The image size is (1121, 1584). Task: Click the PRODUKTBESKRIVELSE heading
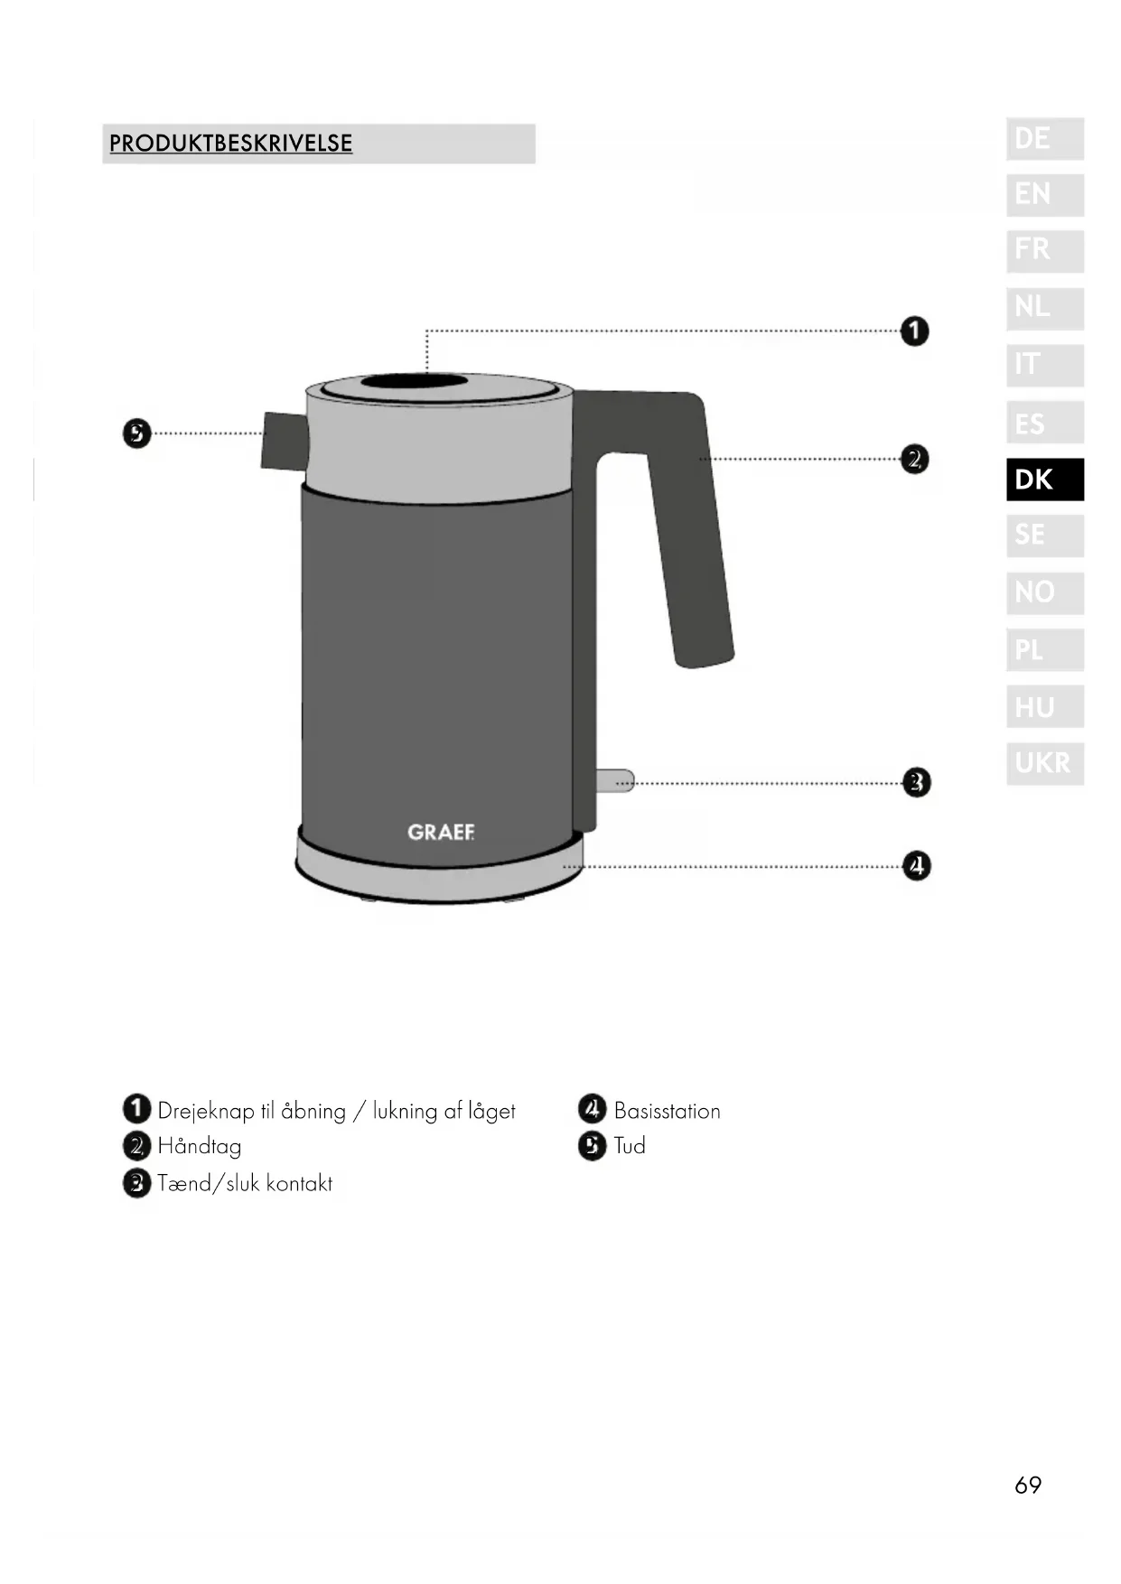click(x=230, y=144)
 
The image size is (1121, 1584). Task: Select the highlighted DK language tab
click(x=1045, y=480)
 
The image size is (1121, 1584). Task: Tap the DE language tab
click(x=1045, y=139)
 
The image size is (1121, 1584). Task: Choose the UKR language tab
click(x=1045, y=763)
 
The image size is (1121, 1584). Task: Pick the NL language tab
click(x=1045, y=308)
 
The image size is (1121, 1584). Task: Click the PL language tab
click(x=1045, y=649)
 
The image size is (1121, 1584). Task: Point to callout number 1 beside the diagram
click(x=915, y=331)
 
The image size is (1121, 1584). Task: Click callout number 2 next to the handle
click(x=915, y=460)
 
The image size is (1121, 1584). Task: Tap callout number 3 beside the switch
click(x=917, y=782)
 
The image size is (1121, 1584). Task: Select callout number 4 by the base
click(x=917, y=866)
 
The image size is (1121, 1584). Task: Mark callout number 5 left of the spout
click(x=136, y=433)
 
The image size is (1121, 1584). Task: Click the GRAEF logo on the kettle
click(x=441, y=832)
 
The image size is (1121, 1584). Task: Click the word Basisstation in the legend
click(x=667, y=1111)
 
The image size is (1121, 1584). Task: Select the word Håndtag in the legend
click(x=200, y=1147)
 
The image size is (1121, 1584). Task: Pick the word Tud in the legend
click(x=630, y=1146)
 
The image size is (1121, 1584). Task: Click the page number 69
click(x=1028, y=1486)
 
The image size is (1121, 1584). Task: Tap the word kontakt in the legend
click(x=299, y=1183)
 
